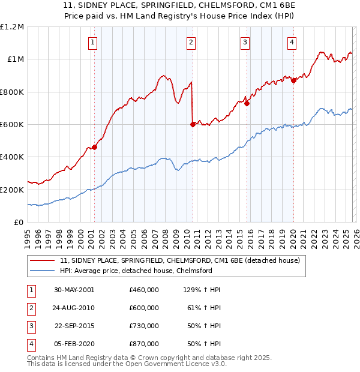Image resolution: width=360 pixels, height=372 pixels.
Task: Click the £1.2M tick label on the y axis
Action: coord(12,27)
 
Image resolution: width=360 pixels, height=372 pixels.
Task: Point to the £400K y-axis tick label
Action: coord(12,157)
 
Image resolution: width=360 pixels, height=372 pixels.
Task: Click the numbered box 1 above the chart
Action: coord(94,42)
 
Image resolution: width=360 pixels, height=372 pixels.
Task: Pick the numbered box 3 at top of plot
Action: coord(246,42)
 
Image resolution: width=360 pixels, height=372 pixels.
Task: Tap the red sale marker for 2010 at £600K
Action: coord(193,125)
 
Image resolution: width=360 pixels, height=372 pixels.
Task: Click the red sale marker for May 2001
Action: coord(94,147)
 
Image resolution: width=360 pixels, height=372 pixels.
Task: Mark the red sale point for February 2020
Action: coord(293,81)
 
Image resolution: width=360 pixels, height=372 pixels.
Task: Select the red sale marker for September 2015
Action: coord(247,103)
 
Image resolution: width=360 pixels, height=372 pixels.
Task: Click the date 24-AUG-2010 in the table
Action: coord(74,308)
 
